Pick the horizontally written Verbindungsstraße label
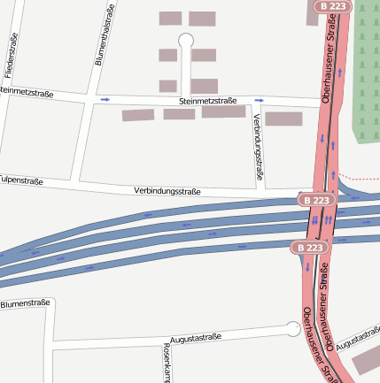[167, 191]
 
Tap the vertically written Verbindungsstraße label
[259, 147]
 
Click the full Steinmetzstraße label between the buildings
[198, 103]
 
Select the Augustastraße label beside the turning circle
[194, 338]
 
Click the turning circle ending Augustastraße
[292, 329]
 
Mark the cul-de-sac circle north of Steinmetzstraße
[186, 40]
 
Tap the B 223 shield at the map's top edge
[336, 6]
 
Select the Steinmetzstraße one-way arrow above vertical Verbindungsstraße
[258, 101]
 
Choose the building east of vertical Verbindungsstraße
[283, 119]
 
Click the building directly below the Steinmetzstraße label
[180, 114]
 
